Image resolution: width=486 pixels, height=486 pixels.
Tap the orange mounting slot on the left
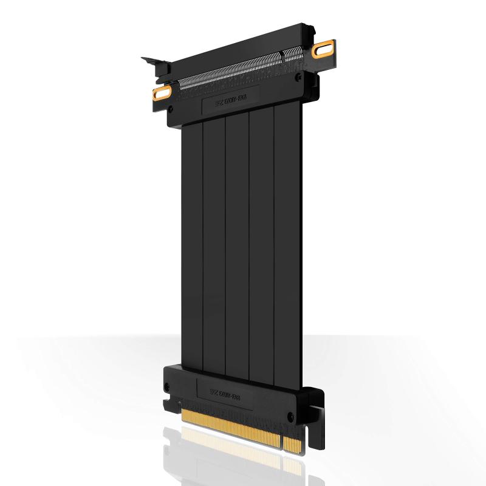(x=162, y=93)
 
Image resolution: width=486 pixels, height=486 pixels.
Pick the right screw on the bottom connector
(x=290, y=417)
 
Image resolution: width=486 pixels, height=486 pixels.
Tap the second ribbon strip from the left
(x=214, y=243)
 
